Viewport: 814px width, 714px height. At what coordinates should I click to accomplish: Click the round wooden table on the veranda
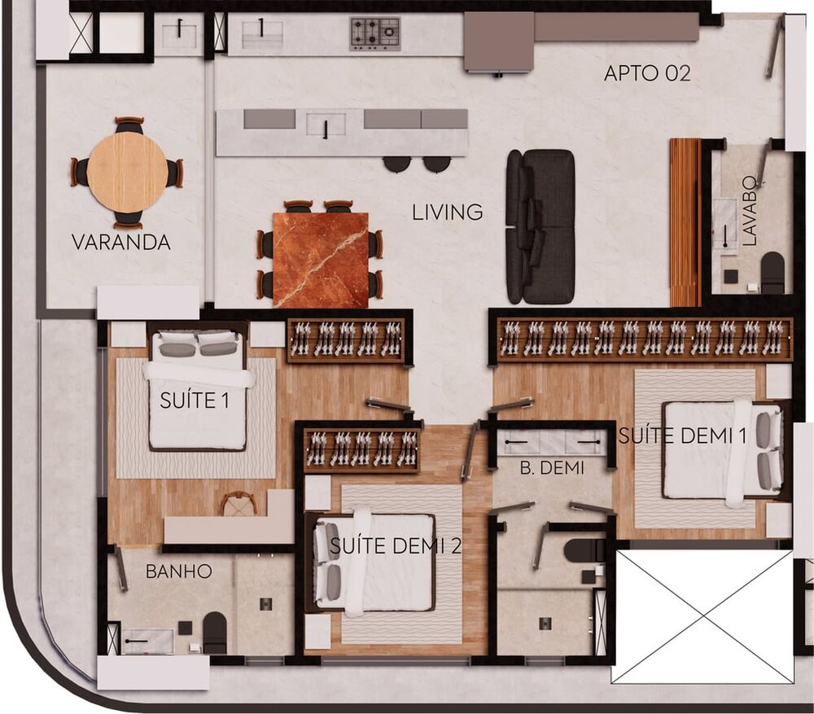point(128,173)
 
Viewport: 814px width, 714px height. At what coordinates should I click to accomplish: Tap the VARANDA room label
point(120,242)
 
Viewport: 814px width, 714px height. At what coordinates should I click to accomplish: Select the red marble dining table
point(320,260)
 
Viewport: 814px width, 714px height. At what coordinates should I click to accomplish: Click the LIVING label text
point(447,213)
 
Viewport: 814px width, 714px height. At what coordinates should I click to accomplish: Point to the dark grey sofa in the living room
point(540,226)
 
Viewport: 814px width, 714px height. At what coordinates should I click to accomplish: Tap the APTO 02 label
point(647,73)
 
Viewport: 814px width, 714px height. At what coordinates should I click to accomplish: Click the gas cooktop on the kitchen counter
point(375,34)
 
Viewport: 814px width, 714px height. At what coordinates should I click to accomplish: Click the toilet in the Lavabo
point(772,273)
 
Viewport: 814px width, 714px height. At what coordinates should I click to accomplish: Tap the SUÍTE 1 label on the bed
point(195,400)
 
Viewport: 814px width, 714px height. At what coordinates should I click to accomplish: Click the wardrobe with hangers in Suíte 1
point(346,339)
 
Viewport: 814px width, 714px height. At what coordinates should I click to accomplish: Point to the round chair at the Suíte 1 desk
point(239,504)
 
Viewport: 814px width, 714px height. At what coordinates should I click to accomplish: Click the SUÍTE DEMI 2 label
point(395,546)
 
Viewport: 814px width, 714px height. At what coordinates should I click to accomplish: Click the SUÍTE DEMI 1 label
point(682,436)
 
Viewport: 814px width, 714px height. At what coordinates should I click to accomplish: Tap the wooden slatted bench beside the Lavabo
point(685,222)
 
